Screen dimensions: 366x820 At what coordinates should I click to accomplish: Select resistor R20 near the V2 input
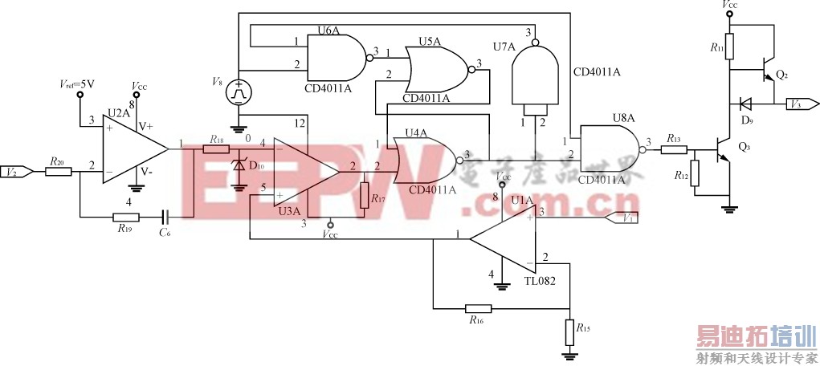click(57, 171)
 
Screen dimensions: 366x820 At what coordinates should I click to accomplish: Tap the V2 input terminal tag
click(17, 171)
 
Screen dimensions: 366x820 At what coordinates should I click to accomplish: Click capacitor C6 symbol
click(167, 217)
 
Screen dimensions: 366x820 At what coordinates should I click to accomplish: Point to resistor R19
click(125, 217)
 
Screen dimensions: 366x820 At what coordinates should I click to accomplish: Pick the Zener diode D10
click(239, 167)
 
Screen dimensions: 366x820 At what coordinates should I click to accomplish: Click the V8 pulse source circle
click(238, 91)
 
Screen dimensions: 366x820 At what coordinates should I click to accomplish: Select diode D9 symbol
click(745, 104)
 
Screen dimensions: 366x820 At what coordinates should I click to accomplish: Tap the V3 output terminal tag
click(802, 104)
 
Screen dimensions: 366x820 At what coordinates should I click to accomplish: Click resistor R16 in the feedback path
click(478, 307)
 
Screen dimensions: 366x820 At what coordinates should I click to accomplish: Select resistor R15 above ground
click(569, 330)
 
